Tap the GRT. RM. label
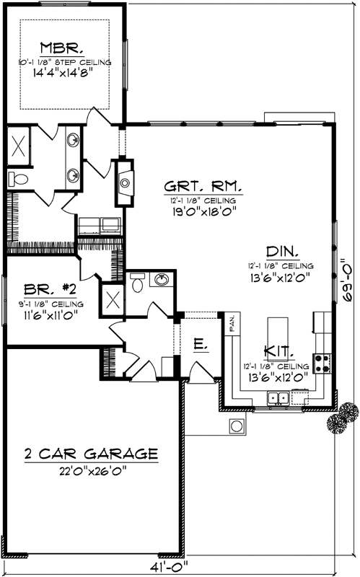pyautogui.click(x=201, y=185)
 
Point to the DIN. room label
pyautogui.click(x=282, y=252)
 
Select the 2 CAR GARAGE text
pyautogui.click(x=90, y=454)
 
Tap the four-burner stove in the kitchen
pyautogui.click(x=322, y=364)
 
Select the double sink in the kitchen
pyautogui.click(x=278, y=397)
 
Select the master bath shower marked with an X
pyautogui.click(x=18, y=145)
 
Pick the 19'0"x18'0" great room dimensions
pyautogui.click(x=201, y=211)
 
